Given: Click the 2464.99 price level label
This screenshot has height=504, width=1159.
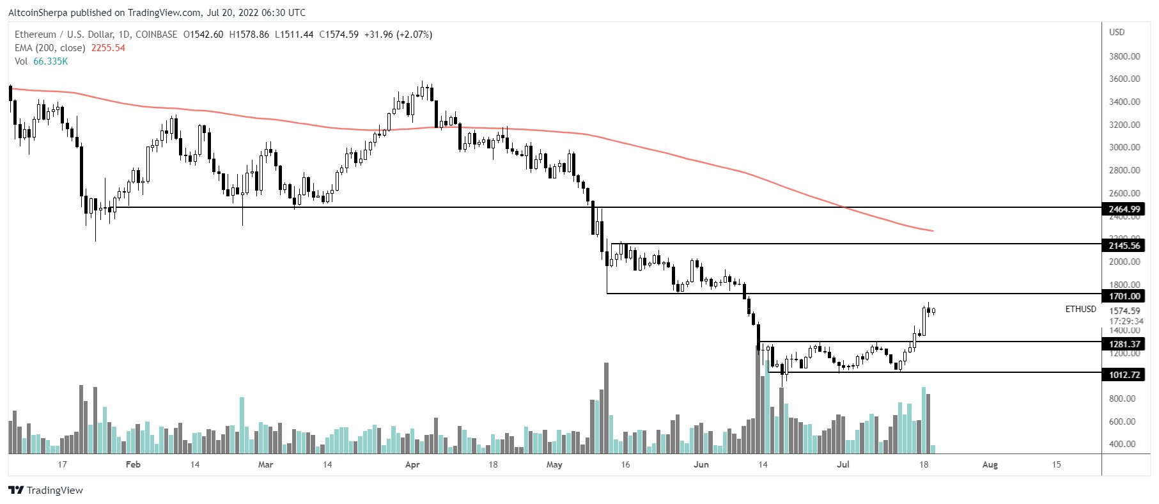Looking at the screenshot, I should (x=1124, y=209).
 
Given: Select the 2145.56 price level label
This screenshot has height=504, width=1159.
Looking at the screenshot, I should (x=1124, y=246).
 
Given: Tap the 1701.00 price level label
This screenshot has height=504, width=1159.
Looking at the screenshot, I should (x=1124, y=296).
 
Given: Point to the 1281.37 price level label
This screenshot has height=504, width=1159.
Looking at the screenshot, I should (x=1124, y=344).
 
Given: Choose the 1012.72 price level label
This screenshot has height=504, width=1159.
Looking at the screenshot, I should (x=1124, y=375).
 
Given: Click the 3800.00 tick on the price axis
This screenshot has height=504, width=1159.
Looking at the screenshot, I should (x=1124, y=56).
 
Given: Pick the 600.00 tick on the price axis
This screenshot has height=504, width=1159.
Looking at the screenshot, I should (x=1122, y=421).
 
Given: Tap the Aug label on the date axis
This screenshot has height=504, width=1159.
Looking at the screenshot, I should (x=990, y=464).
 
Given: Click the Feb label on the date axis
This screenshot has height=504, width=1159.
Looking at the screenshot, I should (x=133, y=464).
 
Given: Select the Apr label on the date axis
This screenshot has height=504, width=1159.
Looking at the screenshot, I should (x=412, y=464).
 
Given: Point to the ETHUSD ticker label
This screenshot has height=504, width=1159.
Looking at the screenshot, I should (x=1080, y=309).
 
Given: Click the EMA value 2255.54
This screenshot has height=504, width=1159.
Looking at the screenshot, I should (x=108, y=48).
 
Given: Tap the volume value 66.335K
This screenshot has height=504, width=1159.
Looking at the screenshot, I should (x=51, y=61).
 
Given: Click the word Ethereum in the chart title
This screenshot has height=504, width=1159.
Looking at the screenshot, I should (x=36, y=35).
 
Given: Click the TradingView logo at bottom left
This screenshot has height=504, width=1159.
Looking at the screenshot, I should (x=46, y=491).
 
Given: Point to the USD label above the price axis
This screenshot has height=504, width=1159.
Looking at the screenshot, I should (x=1117, y=32).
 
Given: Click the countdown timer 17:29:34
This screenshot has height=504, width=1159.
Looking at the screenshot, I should (x=1126, y=321).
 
